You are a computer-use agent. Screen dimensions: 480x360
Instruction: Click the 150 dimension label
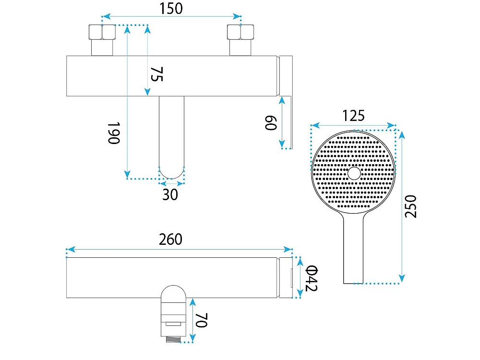171,9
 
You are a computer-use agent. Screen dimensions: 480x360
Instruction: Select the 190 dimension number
114,133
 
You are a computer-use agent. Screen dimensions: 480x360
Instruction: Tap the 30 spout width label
170,195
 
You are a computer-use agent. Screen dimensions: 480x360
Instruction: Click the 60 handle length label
271,123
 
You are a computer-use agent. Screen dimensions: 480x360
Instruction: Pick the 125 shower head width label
353,116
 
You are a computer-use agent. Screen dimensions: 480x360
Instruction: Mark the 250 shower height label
410,206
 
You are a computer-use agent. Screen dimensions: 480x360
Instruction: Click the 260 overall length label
170,240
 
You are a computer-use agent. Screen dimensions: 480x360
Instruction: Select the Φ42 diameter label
312,278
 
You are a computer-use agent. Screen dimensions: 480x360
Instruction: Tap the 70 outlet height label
202,320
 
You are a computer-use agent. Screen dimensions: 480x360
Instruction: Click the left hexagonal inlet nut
102,32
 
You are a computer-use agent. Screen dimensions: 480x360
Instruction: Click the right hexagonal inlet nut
240,32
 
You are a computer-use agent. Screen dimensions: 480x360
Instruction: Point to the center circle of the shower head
354,173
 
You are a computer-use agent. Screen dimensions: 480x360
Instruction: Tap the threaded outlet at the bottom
173,339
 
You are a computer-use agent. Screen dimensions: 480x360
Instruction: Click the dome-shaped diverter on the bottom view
173,294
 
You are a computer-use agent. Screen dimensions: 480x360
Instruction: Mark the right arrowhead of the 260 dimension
288,249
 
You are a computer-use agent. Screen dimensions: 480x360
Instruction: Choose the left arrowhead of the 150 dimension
106,16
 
